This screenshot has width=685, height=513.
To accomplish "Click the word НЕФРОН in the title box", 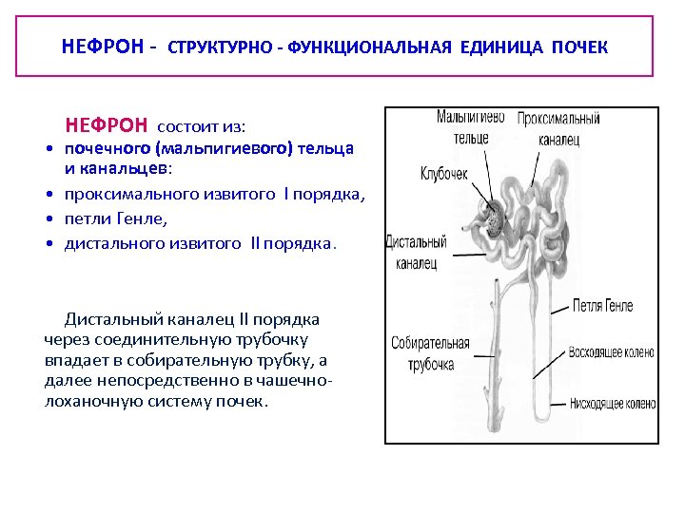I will [99, 47].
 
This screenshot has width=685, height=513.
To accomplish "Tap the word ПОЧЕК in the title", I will [577, 47].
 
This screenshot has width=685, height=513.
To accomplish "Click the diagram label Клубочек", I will [445, 174].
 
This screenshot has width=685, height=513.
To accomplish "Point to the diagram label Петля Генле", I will [603, 306].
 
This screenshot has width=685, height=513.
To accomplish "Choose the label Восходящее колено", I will [611, 352].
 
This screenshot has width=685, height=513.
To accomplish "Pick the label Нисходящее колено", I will [612, 403].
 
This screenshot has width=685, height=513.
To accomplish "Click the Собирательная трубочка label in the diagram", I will [430, 352].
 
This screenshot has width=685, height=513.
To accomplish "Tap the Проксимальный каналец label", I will [558, 129].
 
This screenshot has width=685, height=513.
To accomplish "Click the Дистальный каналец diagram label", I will [412, 251].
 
